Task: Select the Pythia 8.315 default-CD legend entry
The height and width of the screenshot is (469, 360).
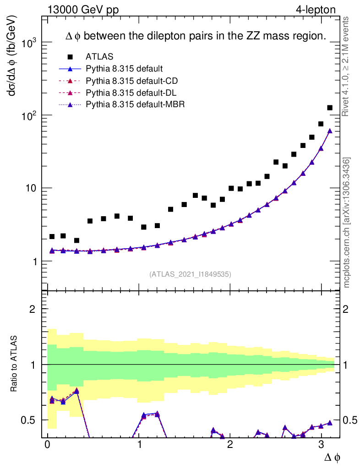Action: pyautogui.click(x=131, y=81)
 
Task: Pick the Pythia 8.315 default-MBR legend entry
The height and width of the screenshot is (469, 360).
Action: pyautogui.click(x=135, y=105)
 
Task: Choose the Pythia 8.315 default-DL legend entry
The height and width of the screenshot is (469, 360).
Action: pyautogui.click(x=131, y=93)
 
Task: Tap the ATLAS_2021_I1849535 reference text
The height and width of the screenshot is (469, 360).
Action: pyautogui.click(x=190, y=274)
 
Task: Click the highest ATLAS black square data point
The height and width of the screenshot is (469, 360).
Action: pyautogui.click(x=329, y=108)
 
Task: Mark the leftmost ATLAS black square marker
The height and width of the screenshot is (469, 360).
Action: pyautogui.click(x=52, y=236)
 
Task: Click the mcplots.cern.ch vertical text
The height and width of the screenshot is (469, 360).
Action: pyautogui.click(x=347, y=222)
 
